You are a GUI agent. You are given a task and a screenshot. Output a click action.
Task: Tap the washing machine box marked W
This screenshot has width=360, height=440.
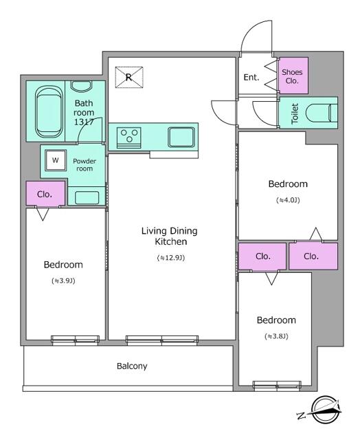point(54,162)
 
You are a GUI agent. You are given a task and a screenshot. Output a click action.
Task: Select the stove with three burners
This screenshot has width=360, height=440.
point(128,136)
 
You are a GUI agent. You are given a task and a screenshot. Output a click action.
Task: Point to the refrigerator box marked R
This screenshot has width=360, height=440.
point(128,77)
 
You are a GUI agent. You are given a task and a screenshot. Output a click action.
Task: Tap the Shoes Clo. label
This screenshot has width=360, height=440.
point(293,76)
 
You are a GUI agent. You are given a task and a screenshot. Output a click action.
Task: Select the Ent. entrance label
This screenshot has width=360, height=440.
point(251,77)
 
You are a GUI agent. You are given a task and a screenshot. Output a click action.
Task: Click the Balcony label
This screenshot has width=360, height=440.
point(131,366)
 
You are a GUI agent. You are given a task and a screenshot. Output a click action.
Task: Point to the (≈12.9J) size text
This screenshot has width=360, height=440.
point(170,258)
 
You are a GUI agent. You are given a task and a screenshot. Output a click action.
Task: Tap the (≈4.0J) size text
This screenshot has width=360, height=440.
point(288,200)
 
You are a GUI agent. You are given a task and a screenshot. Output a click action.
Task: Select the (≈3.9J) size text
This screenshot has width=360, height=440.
point(63,280)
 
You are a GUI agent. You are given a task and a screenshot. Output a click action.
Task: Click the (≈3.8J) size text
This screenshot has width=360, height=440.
point(276,336)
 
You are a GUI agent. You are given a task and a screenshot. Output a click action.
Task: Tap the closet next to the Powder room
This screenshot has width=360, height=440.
point(45,194)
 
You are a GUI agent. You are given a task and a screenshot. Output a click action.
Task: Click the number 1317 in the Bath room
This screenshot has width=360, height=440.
point(84,122)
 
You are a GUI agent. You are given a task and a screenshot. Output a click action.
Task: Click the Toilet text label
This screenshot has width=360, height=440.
point(295,113)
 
